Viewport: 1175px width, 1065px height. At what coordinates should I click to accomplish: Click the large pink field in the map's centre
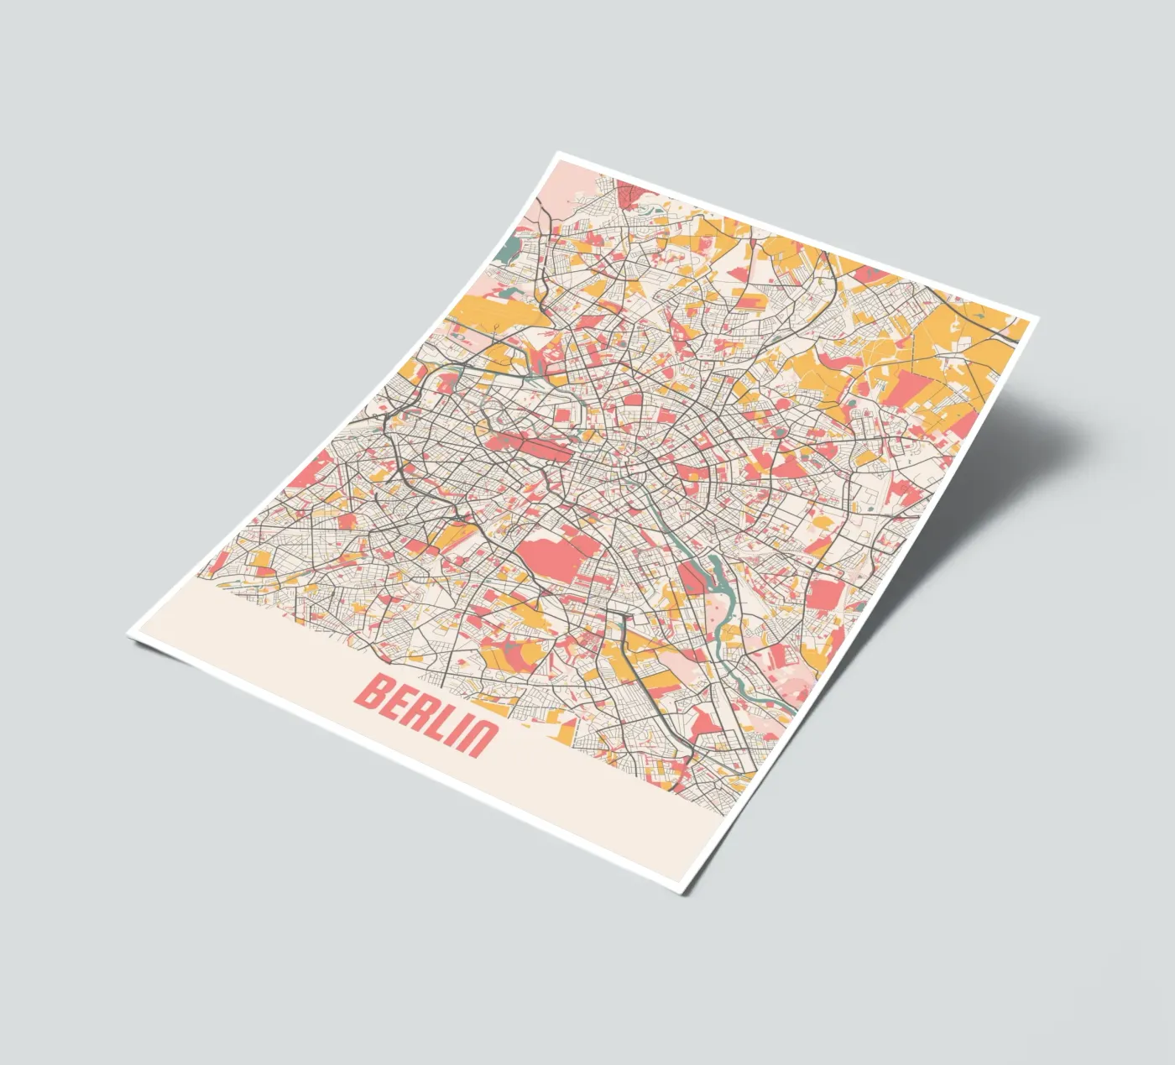point(555,555)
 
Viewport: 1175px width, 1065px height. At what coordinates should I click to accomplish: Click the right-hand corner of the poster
point(1039,320)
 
